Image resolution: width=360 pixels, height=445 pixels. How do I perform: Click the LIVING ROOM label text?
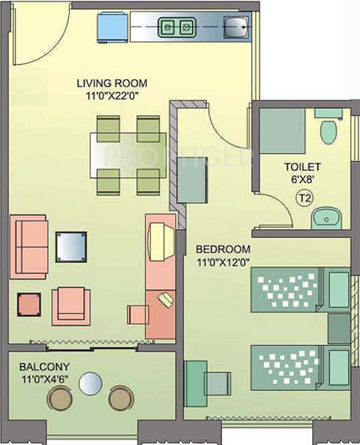112,83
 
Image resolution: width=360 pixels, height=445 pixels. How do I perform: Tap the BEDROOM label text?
223,249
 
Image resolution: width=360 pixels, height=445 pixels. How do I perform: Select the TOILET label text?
303,167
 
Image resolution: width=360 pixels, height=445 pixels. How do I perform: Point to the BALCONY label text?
44,367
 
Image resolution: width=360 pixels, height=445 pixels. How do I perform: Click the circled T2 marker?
305,198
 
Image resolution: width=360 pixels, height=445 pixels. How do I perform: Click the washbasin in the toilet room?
327,218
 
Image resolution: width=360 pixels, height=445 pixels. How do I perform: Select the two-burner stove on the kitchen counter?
176,27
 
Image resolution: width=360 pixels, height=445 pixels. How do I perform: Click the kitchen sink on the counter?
236,27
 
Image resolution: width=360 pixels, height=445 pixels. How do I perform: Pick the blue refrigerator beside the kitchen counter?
112,27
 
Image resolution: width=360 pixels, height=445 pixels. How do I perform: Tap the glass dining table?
128,155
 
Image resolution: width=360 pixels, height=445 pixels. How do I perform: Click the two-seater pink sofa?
29,247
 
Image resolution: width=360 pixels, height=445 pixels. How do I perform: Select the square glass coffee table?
71,247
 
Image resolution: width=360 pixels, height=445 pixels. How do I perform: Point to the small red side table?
29,304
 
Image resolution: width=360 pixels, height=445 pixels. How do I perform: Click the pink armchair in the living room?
71,306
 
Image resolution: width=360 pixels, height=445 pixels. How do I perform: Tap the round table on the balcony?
90,383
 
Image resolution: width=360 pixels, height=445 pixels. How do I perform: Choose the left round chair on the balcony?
60,398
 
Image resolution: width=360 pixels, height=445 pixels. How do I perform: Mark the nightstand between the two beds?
339,329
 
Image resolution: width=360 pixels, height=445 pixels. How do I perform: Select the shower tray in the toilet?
283,132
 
